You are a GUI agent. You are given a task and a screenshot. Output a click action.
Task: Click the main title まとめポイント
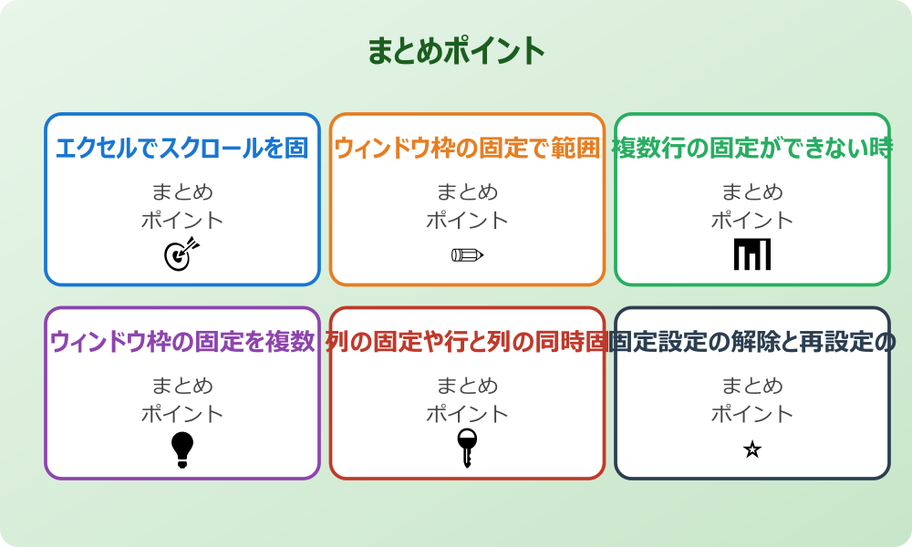[456, 51]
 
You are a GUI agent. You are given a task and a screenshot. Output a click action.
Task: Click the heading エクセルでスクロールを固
[182, 148]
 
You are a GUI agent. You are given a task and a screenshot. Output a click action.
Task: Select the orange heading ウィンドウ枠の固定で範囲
[467, 148]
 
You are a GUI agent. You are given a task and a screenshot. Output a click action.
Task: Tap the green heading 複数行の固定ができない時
[751, 148]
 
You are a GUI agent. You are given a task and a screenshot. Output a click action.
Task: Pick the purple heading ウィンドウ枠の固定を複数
[182, 342]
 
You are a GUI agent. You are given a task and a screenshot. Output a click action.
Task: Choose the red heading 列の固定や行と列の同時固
[467, 342]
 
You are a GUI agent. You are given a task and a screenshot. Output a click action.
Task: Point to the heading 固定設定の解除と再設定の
[751, 342]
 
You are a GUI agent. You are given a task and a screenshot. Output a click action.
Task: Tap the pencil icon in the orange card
[467, 254]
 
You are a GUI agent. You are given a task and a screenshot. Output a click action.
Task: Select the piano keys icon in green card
[752, 254]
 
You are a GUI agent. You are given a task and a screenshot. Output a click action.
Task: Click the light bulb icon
[182, 449]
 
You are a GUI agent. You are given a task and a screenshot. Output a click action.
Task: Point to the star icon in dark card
[752, 449]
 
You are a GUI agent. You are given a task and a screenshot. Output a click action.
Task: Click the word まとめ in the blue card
[182, 192]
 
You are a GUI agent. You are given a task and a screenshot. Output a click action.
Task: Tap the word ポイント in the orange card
[467, 220]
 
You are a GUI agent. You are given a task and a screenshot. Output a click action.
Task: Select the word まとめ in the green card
[752, 192]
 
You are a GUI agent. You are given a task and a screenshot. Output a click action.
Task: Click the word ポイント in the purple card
[182, 414]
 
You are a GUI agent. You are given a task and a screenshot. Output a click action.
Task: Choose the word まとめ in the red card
[467, 386]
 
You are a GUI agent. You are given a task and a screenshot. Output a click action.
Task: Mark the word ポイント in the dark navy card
[752, 414]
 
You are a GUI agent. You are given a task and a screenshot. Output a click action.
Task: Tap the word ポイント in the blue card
[182, 220]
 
